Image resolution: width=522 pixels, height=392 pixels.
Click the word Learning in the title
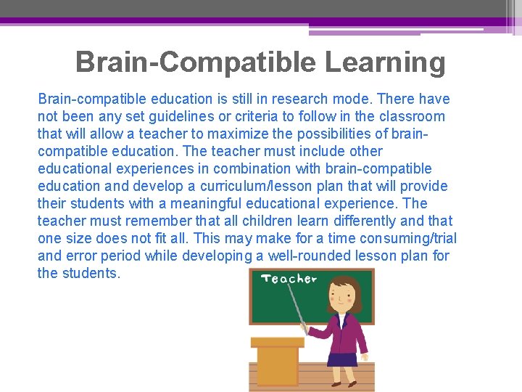[x=385, y=63]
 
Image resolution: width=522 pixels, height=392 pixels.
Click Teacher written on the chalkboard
[x=289, y=279]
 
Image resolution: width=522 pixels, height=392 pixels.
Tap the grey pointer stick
[x=297, y=306]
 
